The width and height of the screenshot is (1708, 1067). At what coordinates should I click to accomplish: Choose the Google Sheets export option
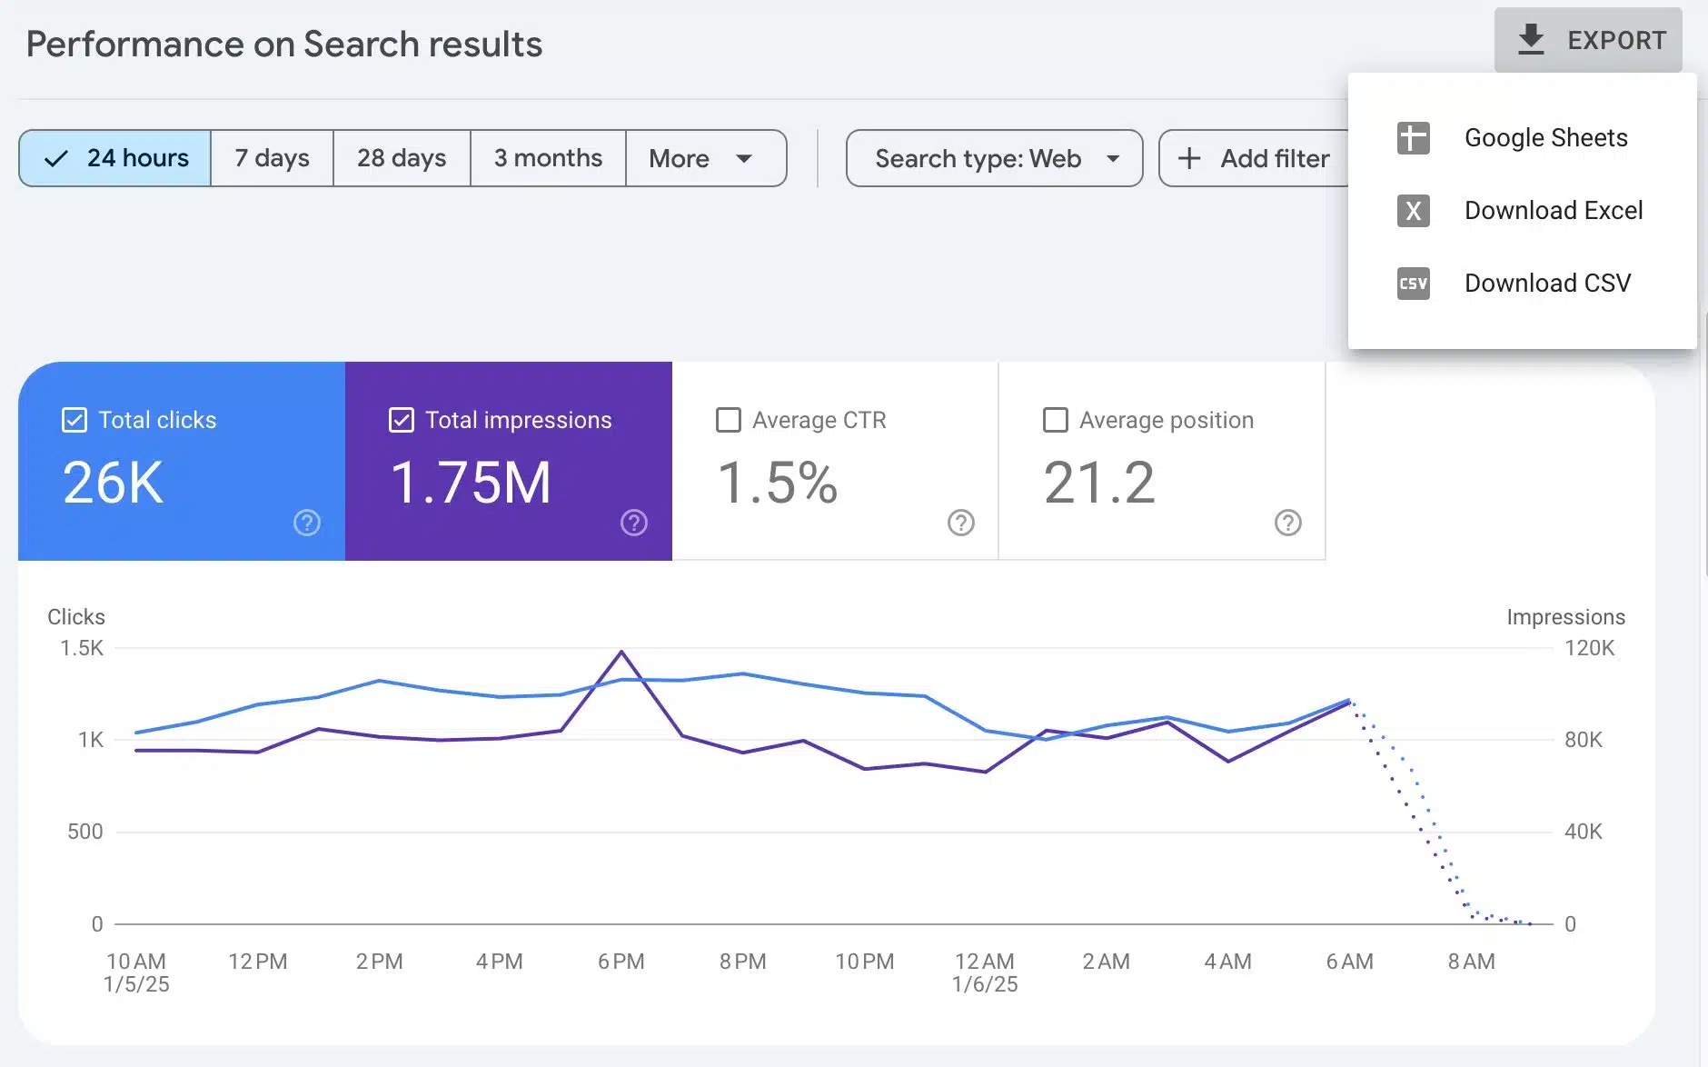tap(1544, 138)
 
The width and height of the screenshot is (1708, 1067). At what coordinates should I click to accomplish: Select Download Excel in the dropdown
tap(1552, 211)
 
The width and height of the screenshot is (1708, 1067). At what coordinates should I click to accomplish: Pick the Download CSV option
tap(1546, 284)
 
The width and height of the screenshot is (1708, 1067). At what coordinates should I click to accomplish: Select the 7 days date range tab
tap(272, 158)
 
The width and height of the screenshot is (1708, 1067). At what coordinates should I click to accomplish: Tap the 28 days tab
tap(402, 158)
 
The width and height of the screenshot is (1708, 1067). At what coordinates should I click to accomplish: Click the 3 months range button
tap(548, 158)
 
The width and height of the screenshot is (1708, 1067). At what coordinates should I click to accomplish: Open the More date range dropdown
tap(700, 158)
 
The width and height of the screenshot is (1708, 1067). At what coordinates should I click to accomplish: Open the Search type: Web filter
tap(995, 158)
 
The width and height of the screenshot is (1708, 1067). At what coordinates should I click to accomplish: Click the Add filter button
tap(1254, 158)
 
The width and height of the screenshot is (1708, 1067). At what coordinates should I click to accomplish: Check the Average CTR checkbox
tap(729, 420)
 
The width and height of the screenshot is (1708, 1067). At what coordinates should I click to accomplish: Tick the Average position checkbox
tap(1056, 420)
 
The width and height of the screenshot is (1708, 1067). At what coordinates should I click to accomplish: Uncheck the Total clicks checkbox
tap(74, 420)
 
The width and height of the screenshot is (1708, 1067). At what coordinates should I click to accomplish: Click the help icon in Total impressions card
tap(634, 523)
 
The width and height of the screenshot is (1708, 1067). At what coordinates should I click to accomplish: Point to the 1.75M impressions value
tap(471, 483)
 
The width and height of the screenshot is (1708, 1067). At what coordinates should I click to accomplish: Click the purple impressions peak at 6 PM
tap(621, 652)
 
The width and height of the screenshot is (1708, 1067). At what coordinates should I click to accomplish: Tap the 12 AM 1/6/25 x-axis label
tap(985, 972)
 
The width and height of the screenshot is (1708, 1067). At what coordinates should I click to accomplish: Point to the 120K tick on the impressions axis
tap(1589, 648)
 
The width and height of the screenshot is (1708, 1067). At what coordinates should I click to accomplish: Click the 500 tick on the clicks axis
tap(84, 832)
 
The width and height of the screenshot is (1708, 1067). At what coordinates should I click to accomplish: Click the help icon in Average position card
tap(1288, 523)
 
